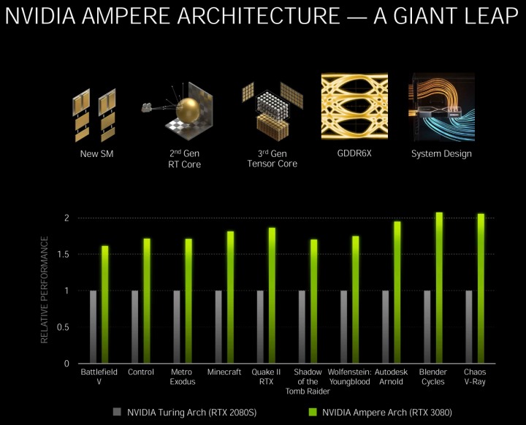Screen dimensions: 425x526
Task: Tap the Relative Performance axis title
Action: click(x=45, y=290)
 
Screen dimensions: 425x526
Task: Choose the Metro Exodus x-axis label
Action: click(x=182, y=377)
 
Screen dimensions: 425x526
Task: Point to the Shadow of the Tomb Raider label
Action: click(x=307, y=381)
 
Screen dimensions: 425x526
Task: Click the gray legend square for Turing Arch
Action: click(x=118, y=413)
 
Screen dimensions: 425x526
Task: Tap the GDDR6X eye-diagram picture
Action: click(x=354, y=106)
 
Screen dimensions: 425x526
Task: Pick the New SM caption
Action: click(x=96, y=154)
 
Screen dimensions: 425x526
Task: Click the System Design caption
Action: click(x=441, y=154)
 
